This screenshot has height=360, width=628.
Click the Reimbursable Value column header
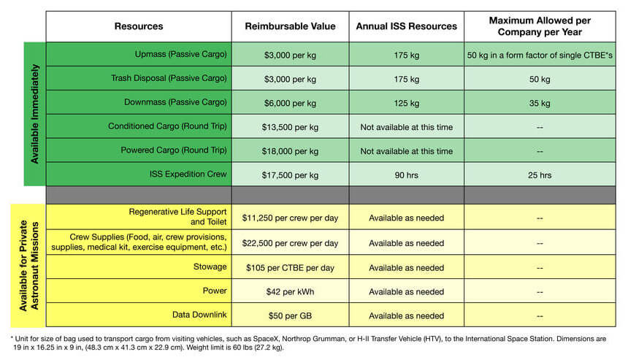click(290, 26)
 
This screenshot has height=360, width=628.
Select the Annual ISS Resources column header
click(406, 26)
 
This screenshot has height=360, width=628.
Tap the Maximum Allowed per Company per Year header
click(540, 26)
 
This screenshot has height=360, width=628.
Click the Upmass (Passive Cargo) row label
click(180, 54)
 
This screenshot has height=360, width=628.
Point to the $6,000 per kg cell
click(290, 103)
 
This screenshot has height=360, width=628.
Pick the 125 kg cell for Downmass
click(406, 103)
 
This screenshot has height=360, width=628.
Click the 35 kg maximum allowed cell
click(540, 103)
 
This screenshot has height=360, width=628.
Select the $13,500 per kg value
click(290, 127)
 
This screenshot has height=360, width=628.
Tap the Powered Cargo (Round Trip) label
click(174, 150)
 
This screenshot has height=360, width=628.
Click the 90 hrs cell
click(406, 175)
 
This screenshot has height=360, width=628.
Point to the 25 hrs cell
click(540, 175)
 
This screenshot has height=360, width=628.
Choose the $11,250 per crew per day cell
click(290, 218)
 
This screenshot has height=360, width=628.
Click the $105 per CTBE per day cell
click(290, 268)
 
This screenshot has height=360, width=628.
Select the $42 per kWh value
click(290, 292)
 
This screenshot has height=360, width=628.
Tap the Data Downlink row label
click(199, 315)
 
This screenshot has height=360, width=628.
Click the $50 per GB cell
click(290, 316)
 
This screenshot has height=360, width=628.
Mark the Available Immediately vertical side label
click(35, 114)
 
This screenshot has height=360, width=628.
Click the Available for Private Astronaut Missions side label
click(29, 266)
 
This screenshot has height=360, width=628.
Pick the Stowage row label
click(210, 267)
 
